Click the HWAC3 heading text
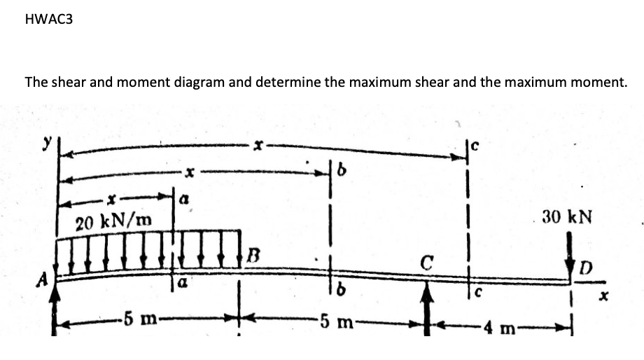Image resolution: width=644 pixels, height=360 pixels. (x=48, y=20)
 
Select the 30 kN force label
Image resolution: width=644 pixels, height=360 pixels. (x=566, y=217)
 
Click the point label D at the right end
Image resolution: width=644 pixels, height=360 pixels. (x=585, y=268)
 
